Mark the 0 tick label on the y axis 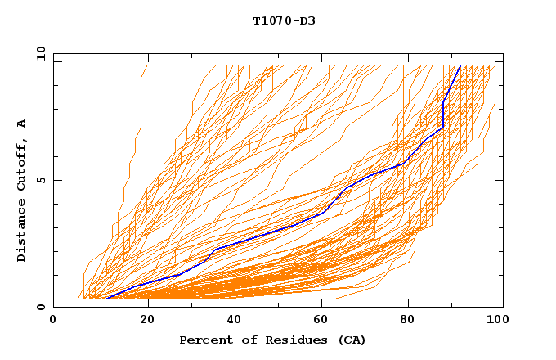click(41, 307)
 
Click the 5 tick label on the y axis click(41, 180)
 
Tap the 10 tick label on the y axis click(38, 53)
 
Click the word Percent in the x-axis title click(204, 340)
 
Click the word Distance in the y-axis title click(22, 230)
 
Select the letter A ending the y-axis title click(22, 124)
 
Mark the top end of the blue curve click(460, 66)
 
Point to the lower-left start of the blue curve click(106, 298)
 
